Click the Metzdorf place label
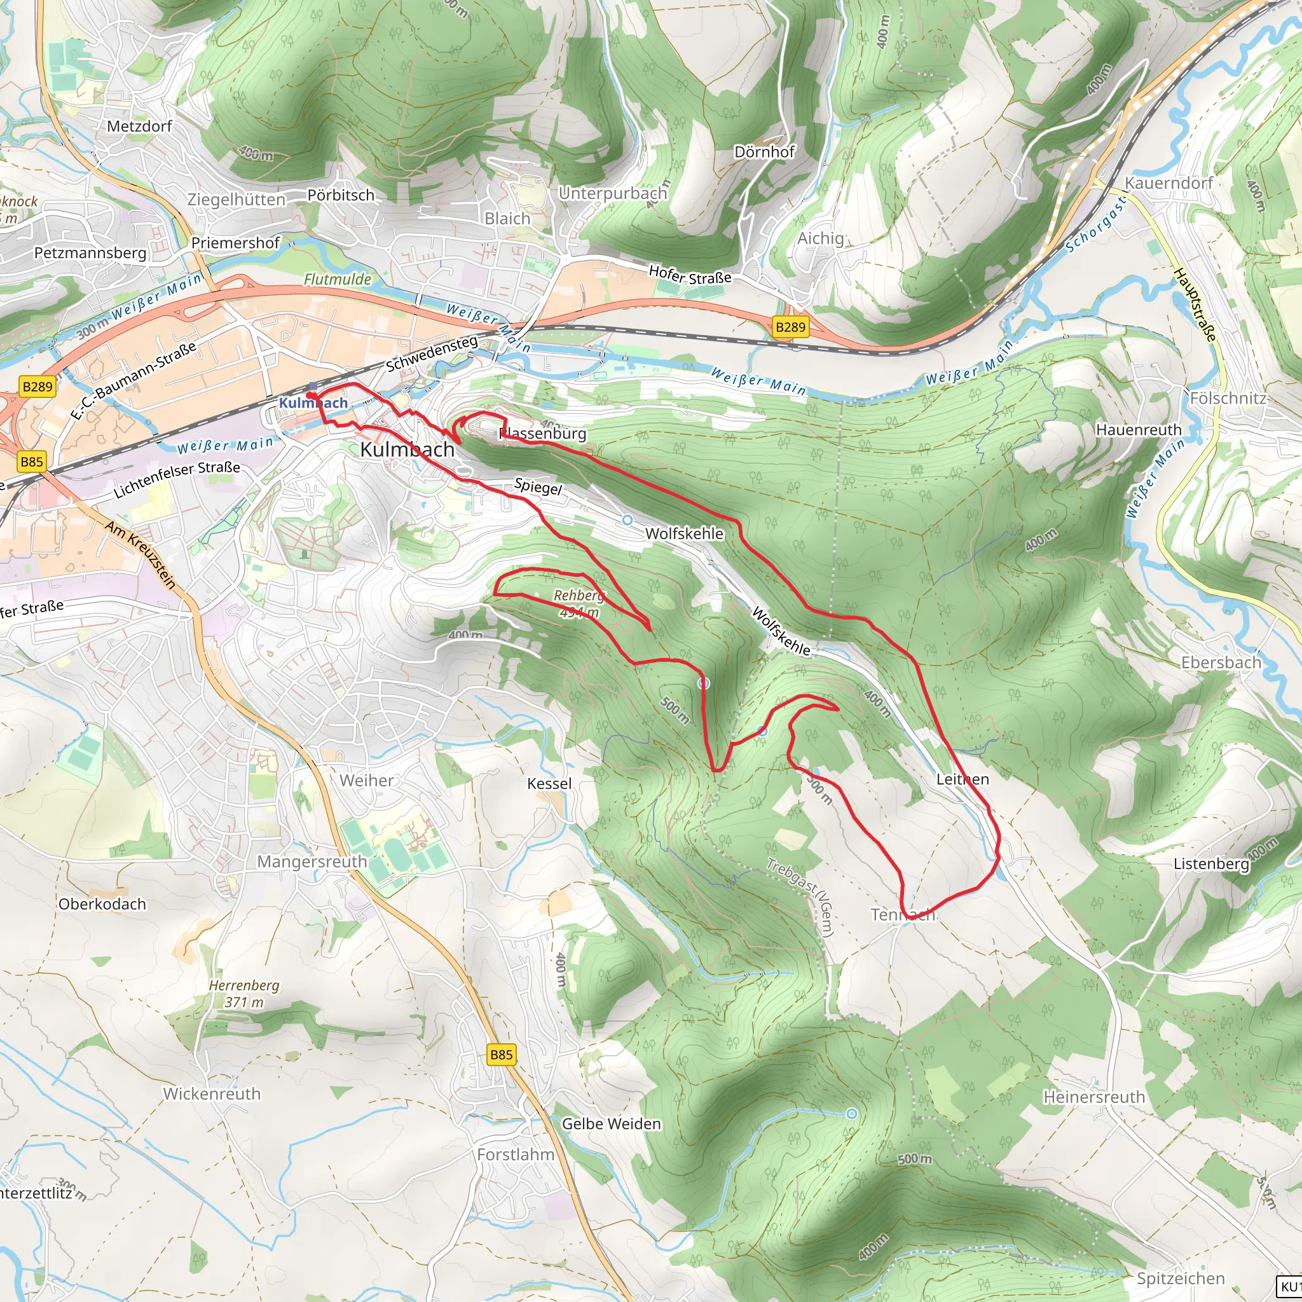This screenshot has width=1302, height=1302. tap(139, 126)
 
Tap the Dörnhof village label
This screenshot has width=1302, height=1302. tap(764, 152)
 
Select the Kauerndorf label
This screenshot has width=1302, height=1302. tap(1168, 182)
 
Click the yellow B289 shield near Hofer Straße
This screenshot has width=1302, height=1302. tap(790, 327)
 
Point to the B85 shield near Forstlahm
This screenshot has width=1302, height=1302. tap(501, 1055)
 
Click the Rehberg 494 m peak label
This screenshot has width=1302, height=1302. tap(579, 603)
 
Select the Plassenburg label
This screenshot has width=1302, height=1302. tap(542, 434)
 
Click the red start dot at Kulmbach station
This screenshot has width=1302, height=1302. tap(310, 395)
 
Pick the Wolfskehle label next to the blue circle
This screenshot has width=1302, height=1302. tap(684, 533)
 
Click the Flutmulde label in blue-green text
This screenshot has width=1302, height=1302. tap(338, 279)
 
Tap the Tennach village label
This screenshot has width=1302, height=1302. tap(902, 914)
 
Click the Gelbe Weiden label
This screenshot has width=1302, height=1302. tap(611, 1123)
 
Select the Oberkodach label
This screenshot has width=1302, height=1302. tap(102, 904)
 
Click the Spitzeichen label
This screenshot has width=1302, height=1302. tap(1181, 1278)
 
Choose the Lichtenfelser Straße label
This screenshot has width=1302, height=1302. tap(177, 479)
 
